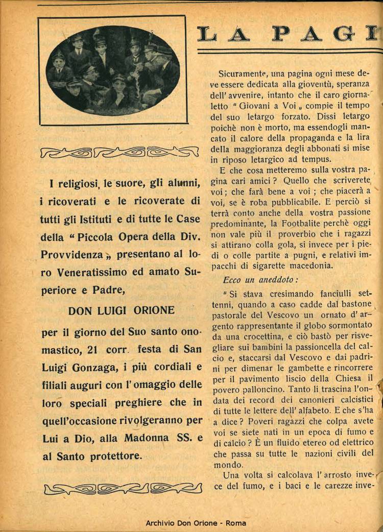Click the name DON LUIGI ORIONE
(121, 310)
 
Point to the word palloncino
(240, 388)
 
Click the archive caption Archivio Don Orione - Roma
(196, 523)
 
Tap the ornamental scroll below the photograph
(119, 152)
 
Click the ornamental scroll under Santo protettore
(123, 488)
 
